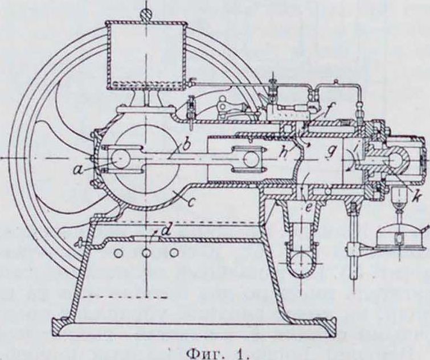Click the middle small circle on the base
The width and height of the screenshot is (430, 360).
click(146, 251)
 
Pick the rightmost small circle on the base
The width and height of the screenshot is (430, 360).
click(174, 251)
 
